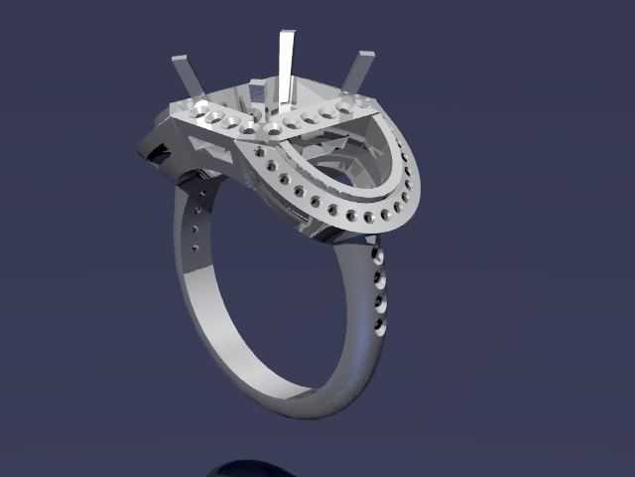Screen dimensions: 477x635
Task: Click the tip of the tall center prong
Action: pyautogui.click(x=286, y=36)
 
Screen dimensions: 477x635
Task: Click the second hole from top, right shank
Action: pyautogui.click(x=379, y=279)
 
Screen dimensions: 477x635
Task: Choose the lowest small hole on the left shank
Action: pyautogui.click(x=194, y=247)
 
